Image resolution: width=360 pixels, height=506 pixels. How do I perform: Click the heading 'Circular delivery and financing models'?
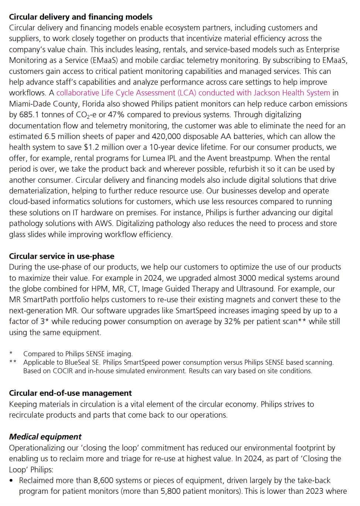pos(81,17)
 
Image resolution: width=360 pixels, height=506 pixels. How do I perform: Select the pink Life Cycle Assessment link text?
pos(193,93)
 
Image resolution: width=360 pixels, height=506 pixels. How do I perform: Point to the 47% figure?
pos(116,115)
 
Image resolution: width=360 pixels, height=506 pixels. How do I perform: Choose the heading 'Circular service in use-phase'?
pos(61,256)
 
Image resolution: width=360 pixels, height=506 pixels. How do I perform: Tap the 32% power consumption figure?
pos(232,321)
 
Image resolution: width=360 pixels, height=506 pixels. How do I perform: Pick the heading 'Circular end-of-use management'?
pos(70,393)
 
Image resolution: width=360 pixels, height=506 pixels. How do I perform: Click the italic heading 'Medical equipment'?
pos(45,437)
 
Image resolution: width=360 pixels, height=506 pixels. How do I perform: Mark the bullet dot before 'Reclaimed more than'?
pos(11,481)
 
